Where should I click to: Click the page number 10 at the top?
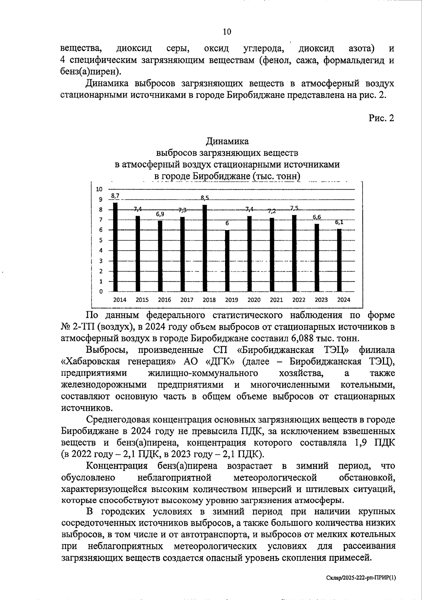[x=227, y=32]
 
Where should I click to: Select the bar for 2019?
[x=227, y=261]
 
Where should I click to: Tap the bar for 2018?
[x=205, y=248]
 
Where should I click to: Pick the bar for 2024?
[x=339, y=260]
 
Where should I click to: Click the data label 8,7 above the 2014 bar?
[x=115, y=196]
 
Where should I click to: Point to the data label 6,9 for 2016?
[x=160, y=214]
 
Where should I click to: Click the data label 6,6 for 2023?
[x=317, y=217]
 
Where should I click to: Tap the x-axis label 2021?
[x=276, y=300]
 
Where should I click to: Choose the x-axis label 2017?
[x=187, y=300]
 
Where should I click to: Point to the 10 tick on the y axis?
[x=100, y=189]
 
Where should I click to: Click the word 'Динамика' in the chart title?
[x=227, y=141]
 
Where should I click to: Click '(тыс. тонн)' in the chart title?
[x=276, y=176]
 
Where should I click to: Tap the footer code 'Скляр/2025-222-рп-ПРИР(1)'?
[x=360, y=577]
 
